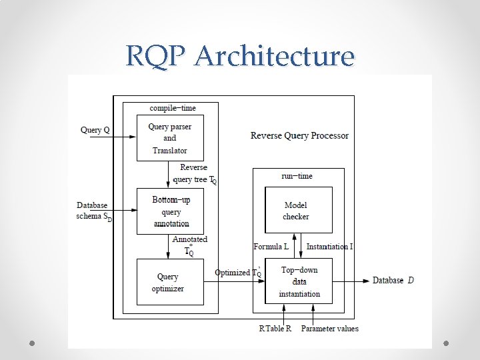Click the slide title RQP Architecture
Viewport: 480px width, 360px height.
click(x=240, y=56)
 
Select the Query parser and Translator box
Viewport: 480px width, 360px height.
click(x=170, y=138)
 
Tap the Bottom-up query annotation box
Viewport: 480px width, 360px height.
click(x=170, y=211)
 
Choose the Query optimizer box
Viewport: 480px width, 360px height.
click(x=170, y=282)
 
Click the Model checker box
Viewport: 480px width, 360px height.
click(x=298, y=211)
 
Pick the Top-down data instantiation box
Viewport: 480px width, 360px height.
click(x=298, y=281)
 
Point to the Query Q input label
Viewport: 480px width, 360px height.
click(x=95, y=130)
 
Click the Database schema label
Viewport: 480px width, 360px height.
click(x=94, y=211)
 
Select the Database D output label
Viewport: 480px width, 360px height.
click(x=393, y=281)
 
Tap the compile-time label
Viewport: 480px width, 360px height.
click(x=173, y=107)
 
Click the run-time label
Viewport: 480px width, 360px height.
click(x=297, y=176)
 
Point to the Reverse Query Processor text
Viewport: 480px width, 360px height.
click(x=299, y=135)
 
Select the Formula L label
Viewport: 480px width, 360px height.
click(x=271, y=247)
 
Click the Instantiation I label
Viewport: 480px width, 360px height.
click(x=329, y=247)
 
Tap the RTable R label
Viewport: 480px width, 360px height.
click(x=275, y=328)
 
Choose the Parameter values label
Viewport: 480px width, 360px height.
click(x=329, y=328)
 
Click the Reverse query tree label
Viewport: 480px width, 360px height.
click(x=194, y=173)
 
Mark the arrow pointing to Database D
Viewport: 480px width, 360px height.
click(x=351, y=281)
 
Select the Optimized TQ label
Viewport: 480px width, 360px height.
click(x=237, y=273)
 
